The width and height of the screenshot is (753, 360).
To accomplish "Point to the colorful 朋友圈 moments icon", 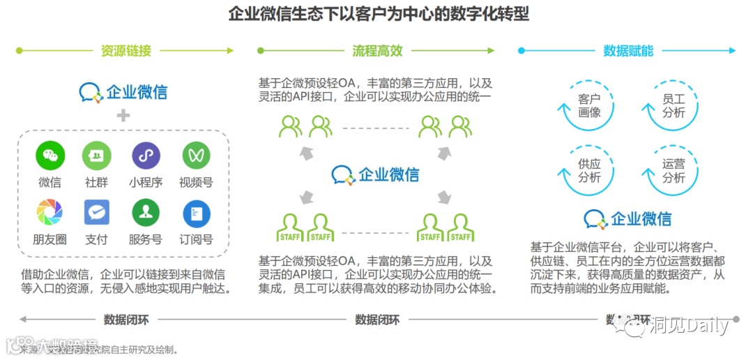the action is pyautogui.click(x=50, y=212).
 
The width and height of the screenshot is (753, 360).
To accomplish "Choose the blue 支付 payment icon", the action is pyautogui.click(x=96, y=212).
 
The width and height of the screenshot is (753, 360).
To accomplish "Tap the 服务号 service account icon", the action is pyautogui.click(x=145, y=212).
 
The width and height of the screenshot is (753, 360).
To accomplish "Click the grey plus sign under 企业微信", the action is pyautogui.click(x=123, y=115).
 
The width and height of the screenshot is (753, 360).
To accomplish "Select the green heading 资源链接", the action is pyautogui.click(x=125, y=51).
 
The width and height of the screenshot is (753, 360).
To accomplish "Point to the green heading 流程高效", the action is pyautogui.click(x=377, y=51).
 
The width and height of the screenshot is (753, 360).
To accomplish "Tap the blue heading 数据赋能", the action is pyautogui.click(x=627, y=51).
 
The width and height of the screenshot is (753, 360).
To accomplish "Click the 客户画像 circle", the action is pyautogui.click(x=589, y=105).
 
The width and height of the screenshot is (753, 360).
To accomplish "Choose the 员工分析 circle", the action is pyautogui.click(x=674, y=105).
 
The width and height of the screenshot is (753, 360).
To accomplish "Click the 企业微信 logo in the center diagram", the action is pyautogui.click(x=376, y=174).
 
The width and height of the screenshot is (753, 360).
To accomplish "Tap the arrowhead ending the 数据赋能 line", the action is pyautogui.click(x=731, y=51).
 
